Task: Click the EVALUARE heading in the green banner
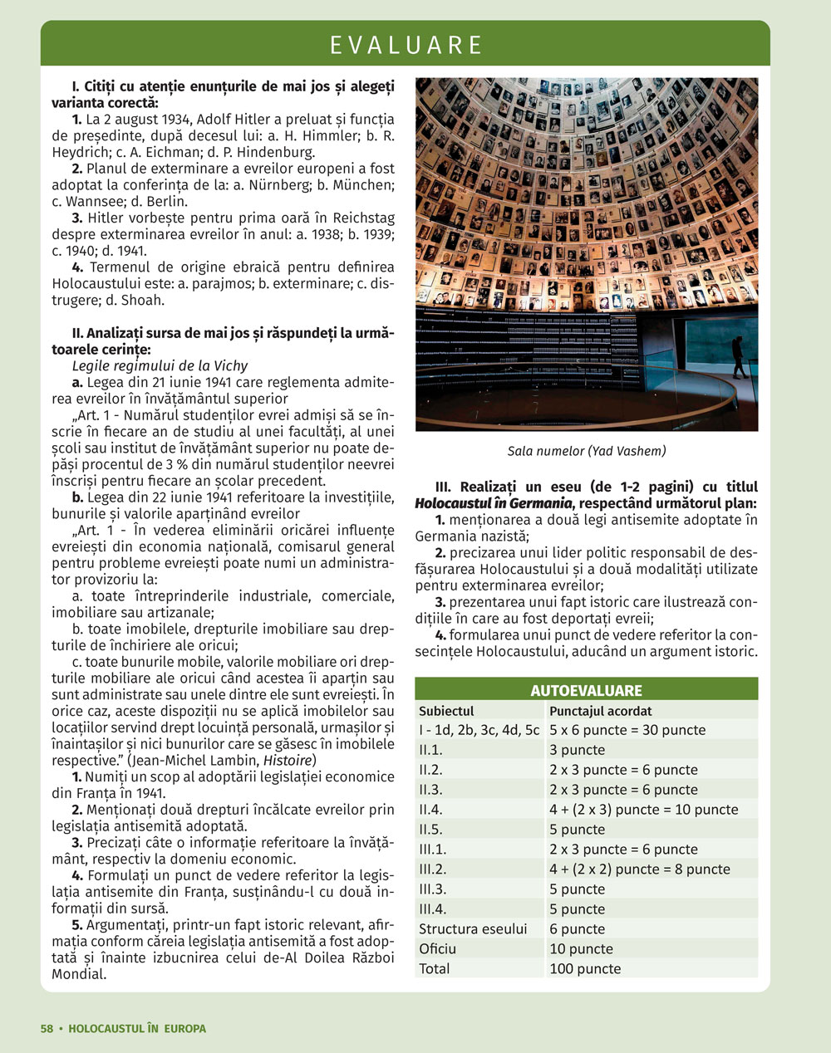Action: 406,44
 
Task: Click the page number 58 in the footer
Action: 47,1028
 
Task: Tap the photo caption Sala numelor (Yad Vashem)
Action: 587,451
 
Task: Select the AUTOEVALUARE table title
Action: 586,690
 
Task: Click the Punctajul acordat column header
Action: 601,711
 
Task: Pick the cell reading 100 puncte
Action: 585,968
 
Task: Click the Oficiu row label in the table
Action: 437,948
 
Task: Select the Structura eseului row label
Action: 473,928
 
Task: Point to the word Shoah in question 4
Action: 143,301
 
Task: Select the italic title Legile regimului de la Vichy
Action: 160,365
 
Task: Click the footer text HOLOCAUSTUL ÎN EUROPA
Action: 138,1028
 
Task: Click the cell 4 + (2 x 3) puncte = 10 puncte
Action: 643,809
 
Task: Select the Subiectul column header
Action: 446,711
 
